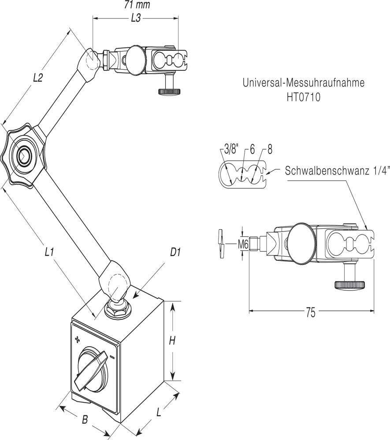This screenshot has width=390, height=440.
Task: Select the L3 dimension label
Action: tap(137, 18)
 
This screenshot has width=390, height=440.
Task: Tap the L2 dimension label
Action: tap(38, 77)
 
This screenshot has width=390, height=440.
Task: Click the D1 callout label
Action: tap(176, 252)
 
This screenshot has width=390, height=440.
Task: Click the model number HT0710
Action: tap(304, 97)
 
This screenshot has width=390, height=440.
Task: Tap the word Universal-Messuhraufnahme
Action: tap(304, 83)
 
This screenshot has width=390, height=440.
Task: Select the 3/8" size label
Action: tap(230, 150)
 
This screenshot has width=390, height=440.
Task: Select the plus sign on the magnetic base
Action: tap(78, 339)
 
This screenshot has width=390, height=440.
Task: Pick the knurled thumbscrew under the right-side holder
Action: tap(350, 284)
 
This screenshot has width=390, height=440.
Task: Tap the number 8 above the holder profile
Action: tap(269, 150)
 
